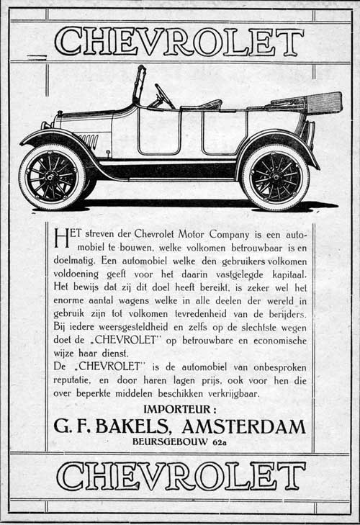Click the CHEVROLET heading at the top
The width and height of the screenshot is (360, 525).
pyautogui.click(x=179, y=41)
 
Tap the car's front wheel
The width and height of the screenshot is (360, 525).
pyautogui.click(x=53, y=176)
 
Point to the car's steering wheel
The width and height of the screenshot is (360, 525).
pyautogui.click(x=162, y=95)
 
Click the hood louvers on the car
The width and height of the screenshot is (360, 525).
pyautogui.click(x=88, y=140)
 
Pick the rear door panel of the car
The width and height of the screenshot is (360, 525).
pyautogui.click(x=225, y=132)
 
